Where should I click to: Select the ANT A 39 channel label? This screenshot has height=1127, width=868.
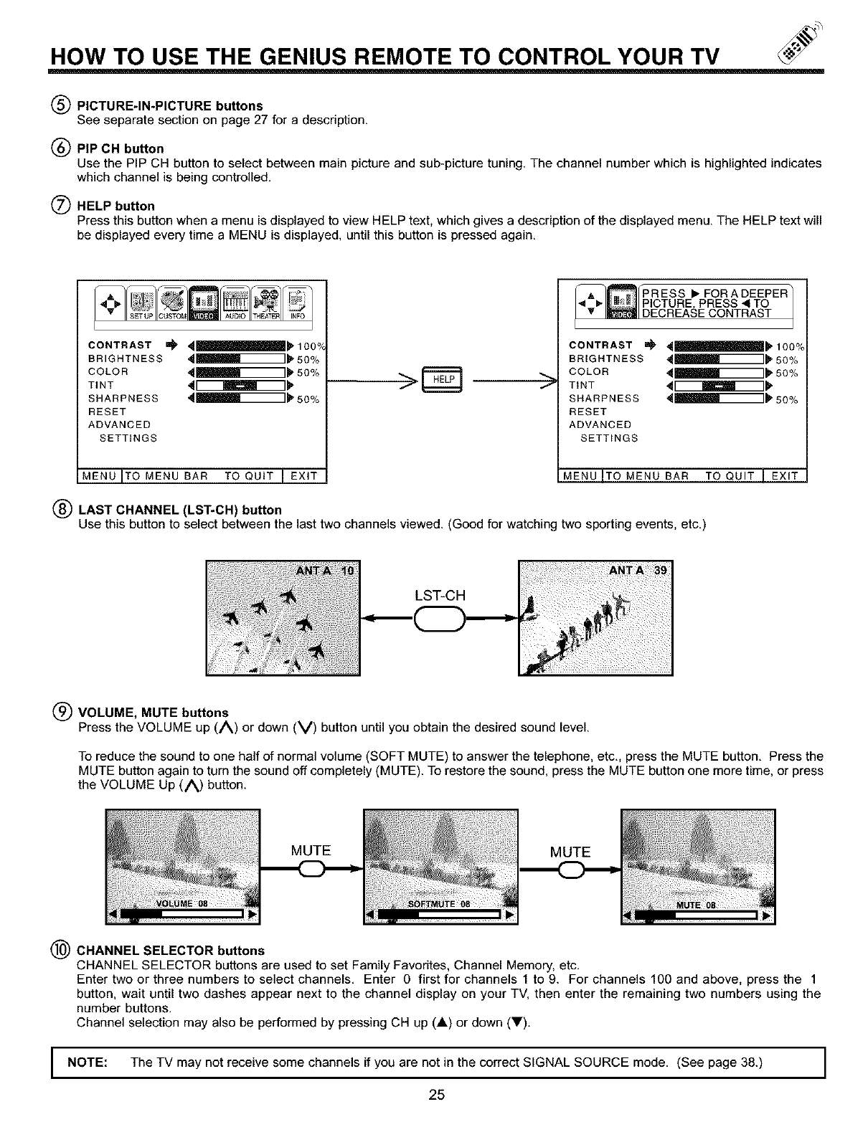point(638,571)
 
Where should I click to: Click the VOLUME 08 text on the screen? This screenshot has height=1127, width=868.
point(181,903)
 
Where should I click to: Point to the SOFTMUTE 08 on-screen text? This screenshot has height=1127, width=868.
point(439,903)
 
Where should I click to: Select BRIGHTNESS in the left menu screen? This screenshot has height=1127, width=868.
point(126,358)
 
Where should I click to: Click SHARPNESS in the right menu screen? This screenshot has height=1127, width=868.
point(604,399)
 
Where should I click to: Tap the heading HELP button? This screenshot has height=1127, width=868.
point(115,206)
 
